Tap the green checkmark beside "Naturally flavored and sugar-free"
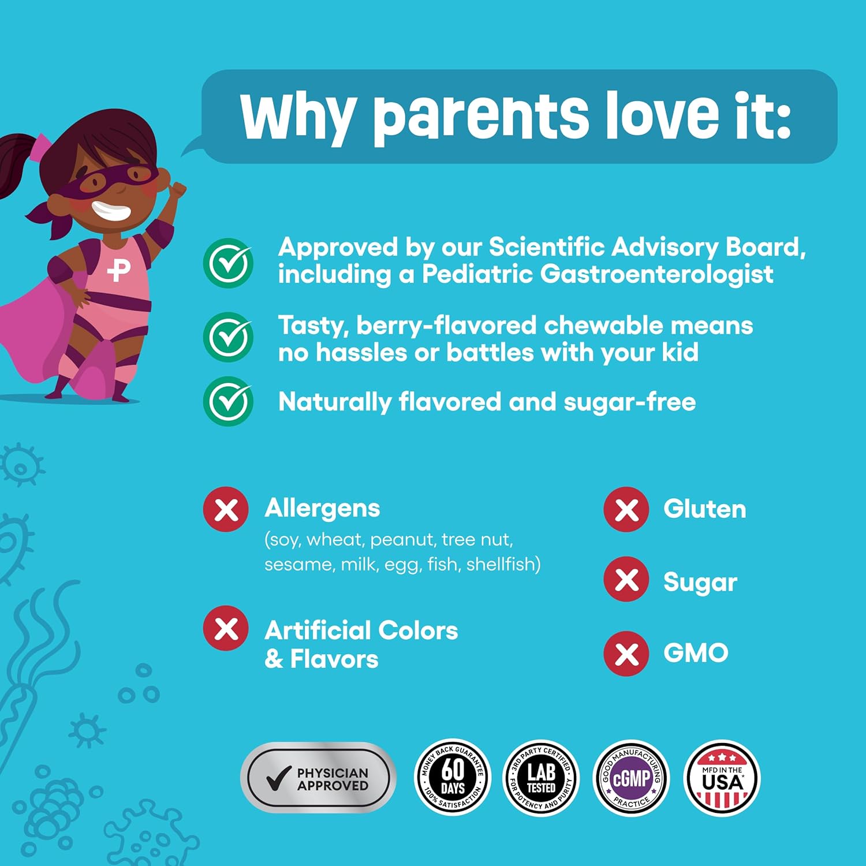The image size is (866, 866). tap(228, 401)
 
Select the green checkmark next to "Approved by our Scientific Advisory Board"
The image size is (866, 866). tap(228, 263)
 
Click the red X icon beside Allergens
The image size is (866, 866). tap(226, 510)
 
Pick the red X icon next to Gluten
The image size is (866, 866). tap(626, 510)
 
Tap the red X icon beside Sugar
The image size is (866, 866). tap(626, 580)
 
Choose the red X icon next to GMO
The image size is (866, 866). tap(626, 654)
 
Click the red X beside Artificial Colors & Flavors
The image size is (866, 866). tap(226, 628)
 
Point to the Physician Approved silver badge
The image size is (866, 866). tap(318, 778)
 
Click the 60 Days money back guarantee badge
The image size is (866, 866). tap(453, 778)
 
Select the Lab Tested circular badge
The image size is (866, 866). tap(541, 778)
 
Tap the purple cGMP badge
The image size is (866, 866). tap(632, 778)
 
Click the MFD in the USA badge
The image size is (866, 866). tap(722, 778)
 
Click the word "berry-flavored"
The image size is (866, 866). tap(446, 326)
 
